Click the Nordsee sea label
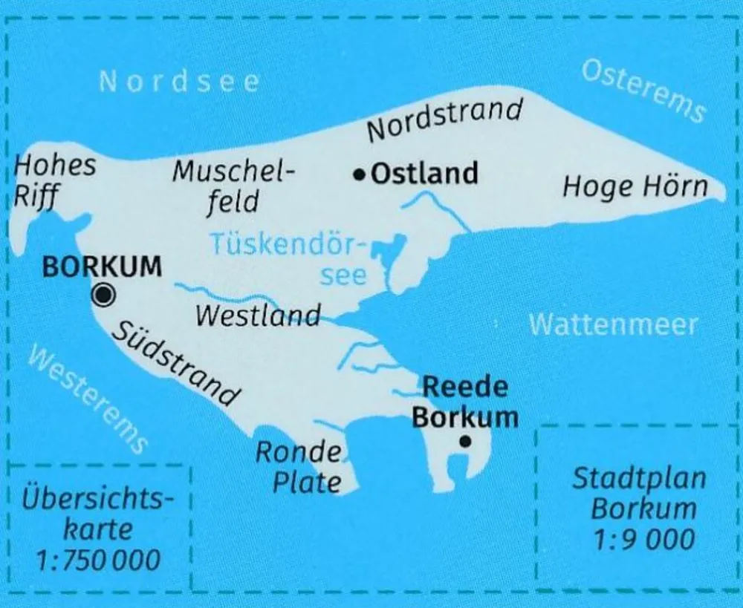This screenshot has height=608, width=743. pyautogui.click(x=180, y=81)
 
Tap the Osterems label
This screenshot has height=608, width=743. pyautogui.click(x=643, y=91)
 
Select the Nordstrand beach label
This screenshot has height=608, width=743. pyautogui.click(x=445, y=119)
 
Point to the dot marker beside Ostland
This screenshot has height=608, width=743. pyautogui.click(x=360, y=175)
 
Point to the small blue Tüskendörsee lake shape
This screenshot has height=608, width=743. pyautogui.click(x=388, y=252)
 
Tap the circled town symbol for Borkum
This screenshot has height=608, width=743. pyautogui.click(x=103, y=295)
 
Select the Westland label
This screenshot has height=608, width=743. pyautogui.click(x=258, y=316)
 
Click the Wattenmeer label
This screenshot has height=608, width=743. pyautogui.click(x=614, y=324)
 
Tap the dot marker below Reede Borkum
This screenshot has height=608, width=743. pyautogui.click(x=464, y=441)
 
